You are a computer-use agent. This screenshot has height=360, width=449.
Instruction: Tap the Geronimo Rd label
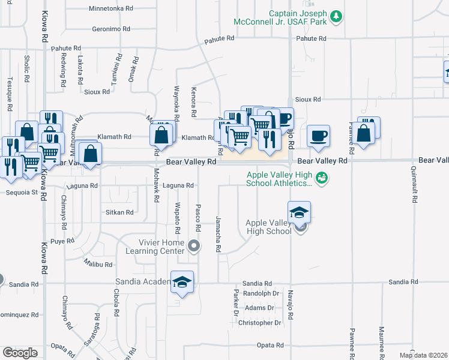coord(111,29)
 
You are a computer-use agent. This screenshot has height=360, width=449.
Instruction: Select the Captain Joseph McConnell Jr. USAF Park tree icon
coord(337,16)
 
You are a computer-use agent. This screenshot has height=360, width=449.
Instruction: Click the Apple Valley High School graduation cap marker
coord(299,213)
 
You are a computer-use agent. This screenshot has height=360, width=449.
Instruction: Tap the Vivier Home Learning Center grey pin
coord(193,245)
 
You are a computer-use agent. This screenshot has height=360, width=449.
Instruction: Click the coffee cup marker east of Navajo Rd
coord(318,135)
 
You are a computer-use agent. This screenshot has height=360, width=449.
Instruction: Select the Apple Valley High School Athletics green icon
coord(322,178)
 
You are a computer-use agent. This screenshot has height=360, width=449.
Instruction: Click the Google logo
coord(20,352)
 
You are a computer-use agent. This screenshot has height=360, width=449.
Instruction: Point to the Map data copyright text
coord(423,355)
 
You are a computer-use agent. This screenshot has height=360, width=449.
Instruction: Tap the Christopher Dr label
coord(260,323)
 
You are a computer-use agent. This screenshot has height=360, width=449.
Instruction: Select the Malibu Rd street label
coord(99,265)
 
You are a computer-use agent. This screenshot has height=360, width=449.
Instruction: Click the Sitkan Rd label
coord(120,212)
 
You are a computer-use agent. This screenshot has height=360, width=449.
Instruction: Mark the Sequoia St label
coord(22,193)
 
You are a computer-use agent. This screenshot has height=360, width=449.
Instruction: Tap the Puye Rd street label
coord(62,241)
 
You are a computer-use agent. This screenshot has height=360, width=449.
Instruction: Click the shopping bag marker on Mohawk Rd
coord(161,134)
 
